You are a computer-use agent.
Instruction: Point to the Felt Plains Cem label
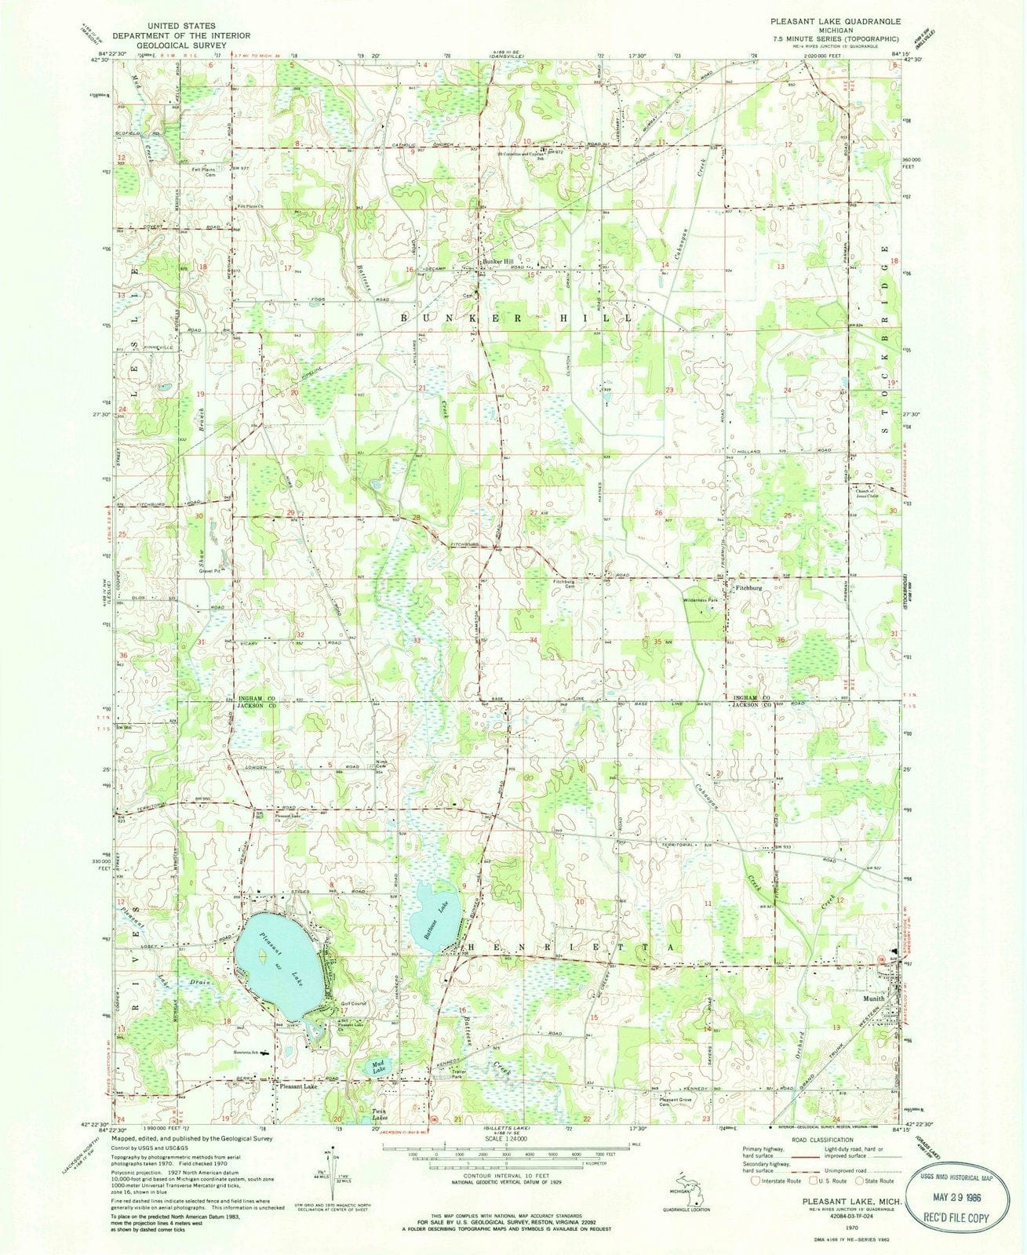click(x=202, y=171)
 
